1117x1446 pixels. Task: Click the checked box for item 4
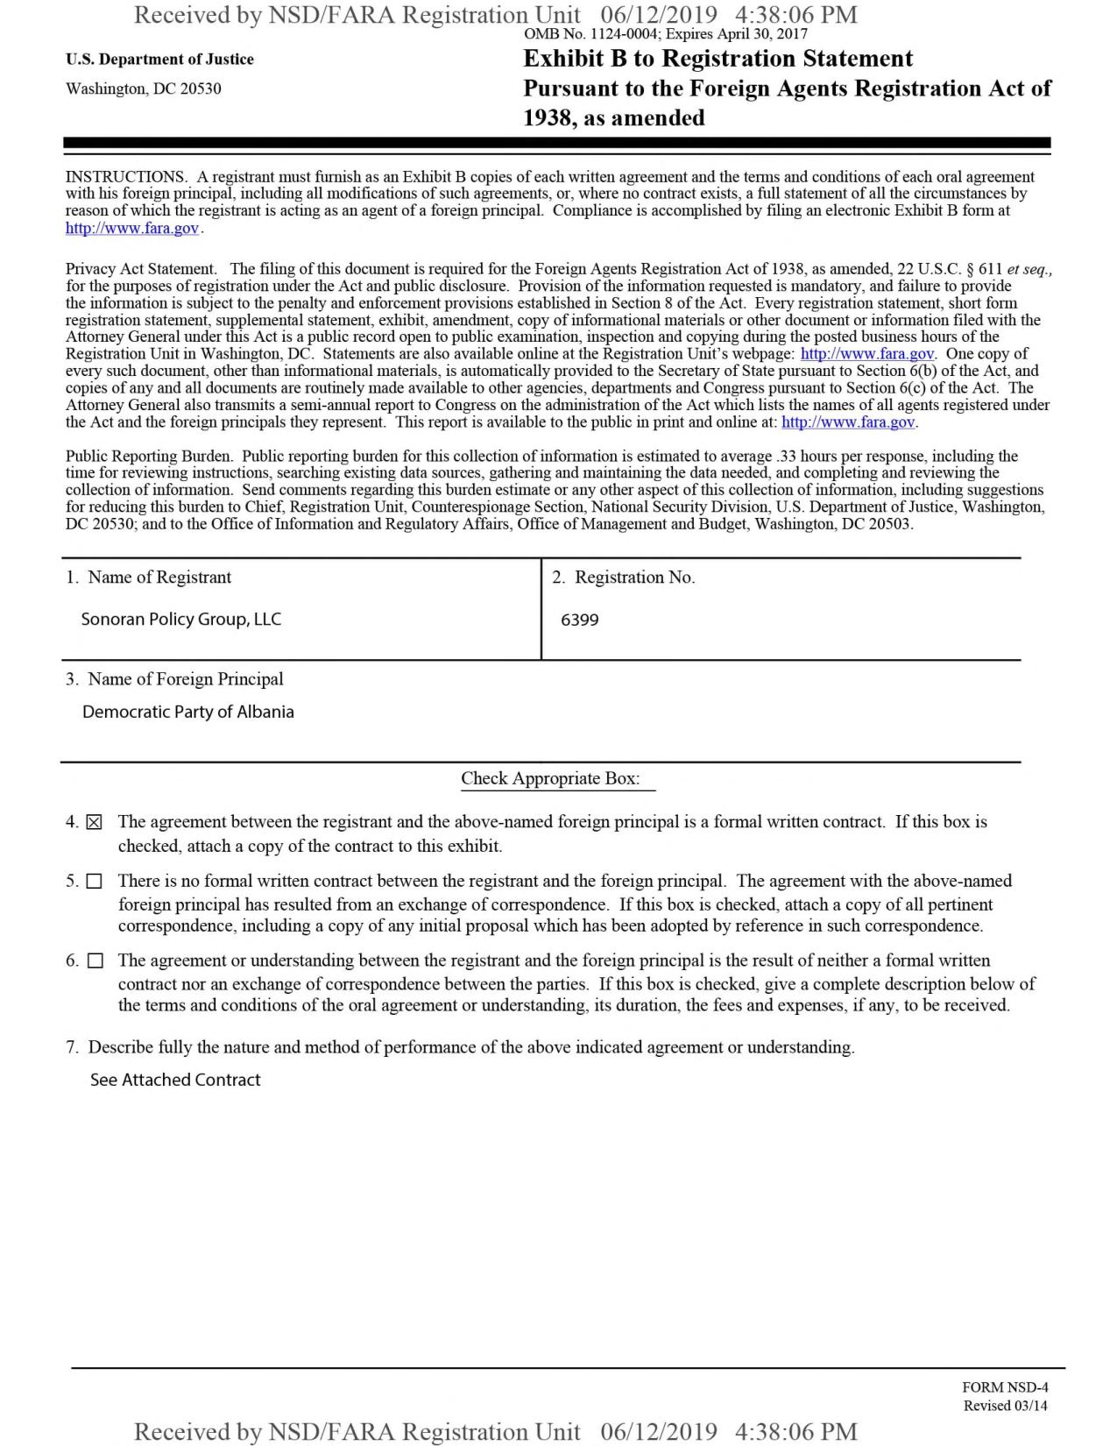click(x=95, y=822)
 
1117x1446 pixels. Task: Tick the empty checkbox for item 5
click(x=95, y=882)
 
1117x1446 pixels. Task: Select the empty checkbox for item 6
click(x=95, y=960)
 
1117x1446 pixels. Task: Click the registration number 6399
click(x=580, y=620)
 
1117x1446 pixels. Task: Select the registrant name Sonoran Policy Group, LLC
click(x=181, y=620)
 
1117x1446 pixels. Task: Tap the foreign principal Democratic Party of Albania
click(x=188, y=712)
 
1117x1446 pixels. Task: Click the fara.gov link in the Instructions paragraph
click(x=132, y=228)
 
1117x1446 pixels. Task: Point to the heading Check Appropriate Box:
click(x=550, y=778)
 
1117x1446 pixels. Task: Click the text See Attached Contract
click(x=175, y=1080)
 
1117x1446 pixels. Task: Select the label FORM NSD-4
click(x=1005, y=1387)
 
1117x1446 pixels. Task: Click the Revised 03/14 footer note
click(x=1005, y=1406)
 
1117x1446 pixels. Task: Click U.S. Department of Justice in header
click(x=159, y=60)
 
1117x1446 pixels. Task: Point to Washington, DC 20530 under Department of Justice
click(x=144, y=89)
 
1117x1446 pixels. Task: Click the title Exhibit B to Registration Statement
click(x=718, y=59)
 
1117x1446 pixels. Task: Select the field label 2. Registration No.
click(x=624, y=578)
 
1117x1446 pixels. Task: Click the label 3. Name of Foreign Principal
click(x=174, y=679)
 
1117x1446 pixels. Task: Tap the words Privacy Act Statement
click(x=140, y=269)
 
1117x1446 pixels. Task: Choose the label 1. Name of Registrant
click(x=149, y=578)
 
